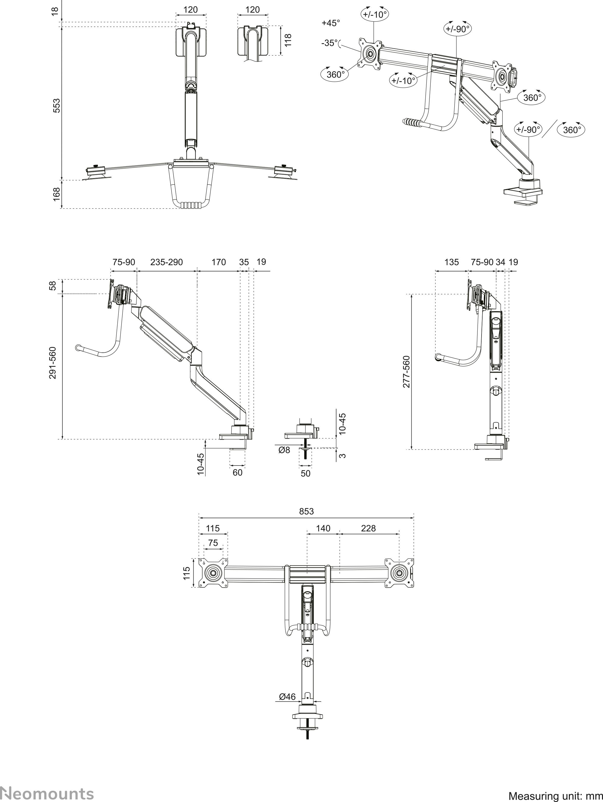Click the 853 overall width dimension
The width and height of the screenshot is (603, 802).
(x=306, y=511)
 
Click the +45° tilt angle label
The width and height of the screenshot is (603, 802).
(x=331, y=23)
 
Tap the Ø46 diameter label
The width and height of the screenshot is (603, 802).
(x=287, y=697)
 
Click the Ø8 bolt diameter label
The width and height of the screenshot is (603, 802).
(x=284, y=450)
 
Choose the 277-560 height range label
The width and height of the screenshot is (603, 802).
(x=406, y=372)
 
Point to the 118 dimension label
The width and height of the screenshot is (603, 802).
(x=288, y=40)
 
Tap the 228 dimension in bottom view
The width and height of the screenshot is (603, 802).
(x=368, y=528)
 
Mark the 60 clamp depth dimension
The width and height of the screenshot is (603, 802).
(x=237, y=473)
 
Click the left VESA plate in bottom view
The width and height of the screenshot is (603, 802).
(x=214, y=573)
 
